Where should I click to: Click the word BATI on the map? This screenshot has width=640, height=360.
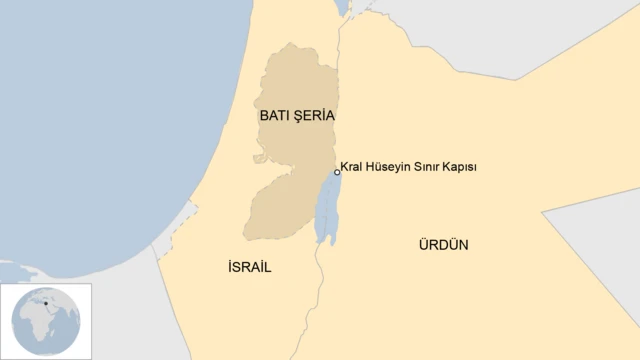point(276,116)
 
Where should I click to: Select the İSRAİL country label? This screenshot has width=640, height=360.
point(249,267)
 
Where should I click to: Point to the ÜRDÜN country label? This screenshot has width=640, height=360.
point(444,244)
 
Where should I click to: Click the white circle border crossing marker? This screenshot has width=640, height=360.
point(337,172)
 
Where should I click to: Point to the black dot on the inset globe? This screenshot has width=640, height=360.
point(46,301)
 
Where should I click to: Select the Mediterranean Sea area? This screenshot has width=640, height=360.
point(100,120)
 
